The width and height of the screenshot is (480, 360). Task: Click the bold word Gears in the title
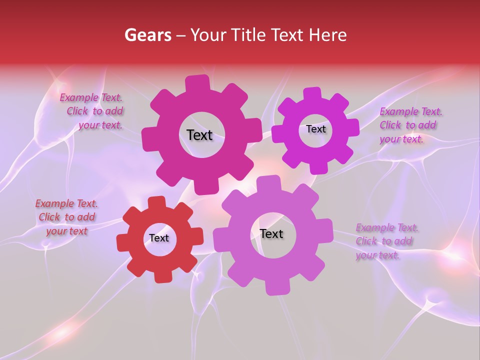click(x=147, y=35)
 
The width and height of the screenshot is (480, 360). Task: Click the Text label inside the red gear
click(x=159, y=238)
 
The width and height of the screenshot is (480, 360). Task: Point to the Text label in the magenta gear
click(x=199, y=135)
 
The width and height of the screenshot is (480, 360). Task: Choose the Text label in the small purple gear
click(x=315, y=129)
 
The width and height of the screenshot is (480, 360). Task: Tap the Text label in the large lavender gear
click(x=271, y=234)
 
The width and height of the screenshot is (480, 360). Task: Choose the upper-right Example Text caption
click(x=409, y=125)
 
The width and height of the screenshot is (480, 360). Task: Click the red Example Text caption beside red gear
click(x=66, y=217)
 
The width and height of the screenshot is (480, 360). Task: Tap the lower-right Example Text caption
click(x=386, y=241)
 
